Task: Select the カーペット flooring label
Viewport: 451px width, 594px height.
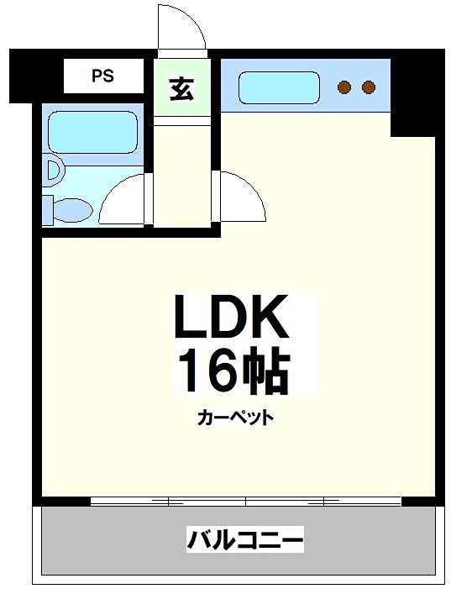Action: [236, 418]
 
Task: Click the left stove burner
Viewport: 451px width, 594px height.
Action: [344, 86]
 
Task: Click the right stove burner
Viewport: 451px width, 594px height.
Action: [368, 86]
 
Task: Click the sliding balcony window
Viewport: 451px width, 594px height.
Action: [246, 502]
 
